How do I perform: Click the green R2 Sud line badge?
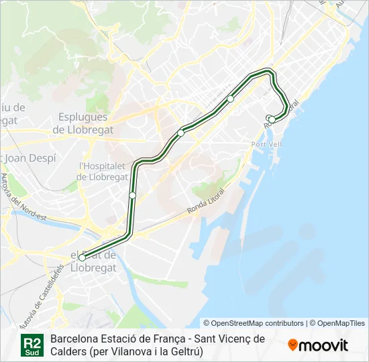(32, 345)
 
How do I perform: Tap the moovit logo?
(318, 345)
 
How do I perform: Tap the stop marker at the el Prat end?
(82, 257)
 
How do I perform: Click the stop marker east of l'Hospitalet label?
(133, 195)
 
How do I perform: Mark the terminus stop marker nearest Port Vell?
(271, 119)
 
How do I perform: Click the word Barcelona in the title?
(74, 339)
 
